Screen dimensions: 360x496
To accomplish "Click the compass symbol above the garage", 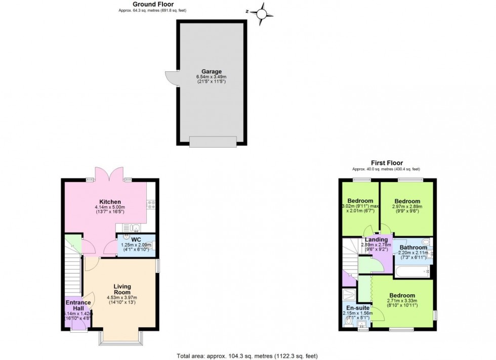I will tap(262, 14).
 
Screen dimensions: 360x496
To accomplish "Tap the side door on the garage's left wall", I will tap(171, 78).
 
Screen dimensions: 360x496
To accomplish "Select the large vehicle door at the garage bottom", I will tap(213, 142).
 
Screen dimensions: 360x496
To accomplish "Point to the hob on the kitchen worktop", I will tap(150, 205).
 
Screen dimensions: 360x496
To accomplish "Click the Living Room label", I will tap(122, 289).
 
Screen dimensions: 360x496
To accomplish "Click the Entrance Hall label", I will tap(78, 306).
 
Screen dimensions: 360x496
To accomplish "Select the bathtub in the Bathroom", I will tap(412, 272).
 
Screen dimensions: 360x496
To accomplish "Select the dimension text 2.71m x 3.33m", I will tap(402, 302).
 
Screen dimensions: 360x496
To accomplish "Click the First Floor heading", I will tap(387, 163).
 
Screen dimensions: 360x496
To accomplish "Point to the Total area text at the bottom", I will tap(247, 355).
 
